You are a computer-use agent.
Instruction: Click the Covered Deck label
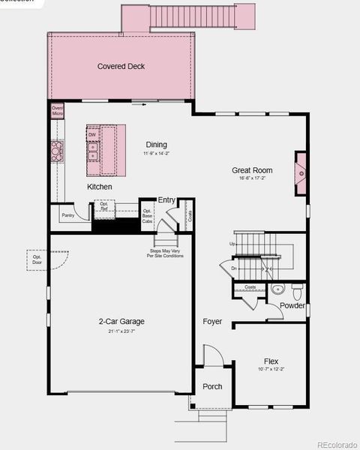tap(121, 67)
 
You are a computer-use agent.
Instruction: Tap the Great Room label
tap(252, 170)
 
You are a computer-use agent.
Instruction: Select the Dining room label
tap(157, 145)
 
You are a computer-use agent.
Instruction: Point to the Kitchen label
tap(100, 187)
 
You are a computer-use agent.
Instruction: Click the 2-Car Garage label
tap(121, 322)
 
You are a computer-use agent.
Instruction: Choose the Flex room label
tap(271, 361)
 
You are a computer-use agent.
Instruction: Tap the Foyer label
tap(212, 322)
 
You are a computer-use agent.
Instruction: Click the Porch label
tap(212, 387)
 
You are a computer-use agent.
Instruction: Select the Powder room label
tap(292, 306)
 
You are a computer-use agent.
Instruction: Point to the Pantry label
tap(68, 214)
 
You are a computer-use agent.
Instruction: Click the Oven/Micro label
tap(57, 110)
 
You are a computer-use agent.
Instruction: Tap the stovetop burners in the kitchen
tap(56, 151)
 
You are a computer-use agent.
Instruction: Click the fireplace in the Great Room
tap(301, 173)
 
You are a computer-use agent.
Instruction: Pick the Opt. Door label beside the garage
tap(37, 259)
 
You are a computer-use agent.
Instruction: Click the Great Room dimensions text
tap(252, 179)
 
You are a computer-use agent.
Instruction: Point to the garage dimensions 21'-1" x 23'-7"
tap(121, 331)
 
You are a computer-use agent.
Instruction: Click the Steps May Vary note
tap(165, 253)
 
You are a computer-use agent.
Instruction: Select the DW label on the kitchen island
tap(91, 135)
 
